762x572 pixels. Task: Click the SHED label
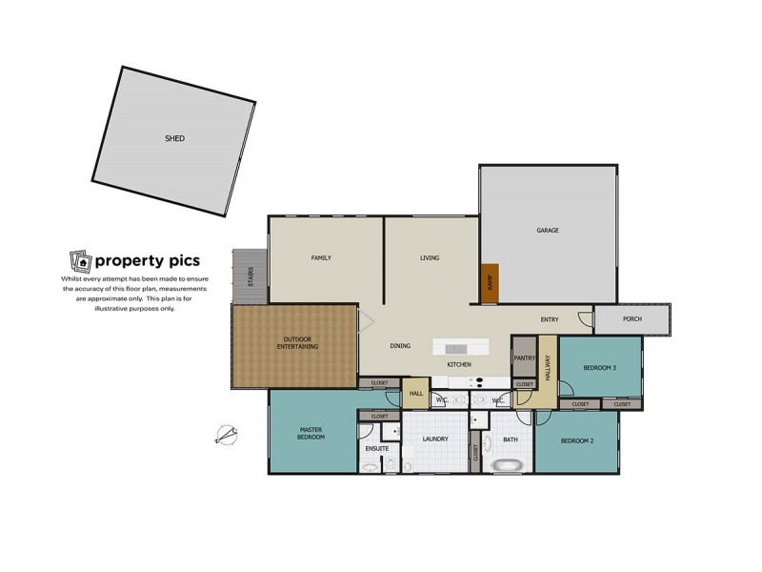coord(174,139)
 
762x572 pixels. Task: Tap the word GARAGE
coord(547,231)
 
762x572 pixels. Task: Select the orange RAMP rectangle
coord(490,283)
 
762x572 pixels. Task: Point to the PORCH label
coord(632,319)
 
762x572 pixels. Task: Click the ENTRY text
coord(550,319)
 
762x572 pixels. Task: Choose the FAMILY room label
coord(320,258)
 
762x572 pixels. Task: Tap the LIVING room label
coord(430,258)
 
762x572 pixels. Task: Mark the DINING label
coord(400,346)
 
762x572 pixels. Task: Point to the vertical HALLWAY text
coord(548,368)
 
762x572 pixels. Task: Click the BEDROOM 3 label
coord(601,368)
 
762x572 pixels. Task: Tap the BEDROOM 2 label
coord(577,440)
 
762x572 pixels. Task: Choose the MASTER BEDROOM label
coord(311,433)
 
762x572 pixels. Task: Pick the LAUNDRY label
coord(434,440)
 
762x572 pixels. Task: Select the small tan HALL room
coord(416,394)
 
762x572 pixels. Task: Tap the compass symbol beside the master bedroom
coord(227,435)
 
